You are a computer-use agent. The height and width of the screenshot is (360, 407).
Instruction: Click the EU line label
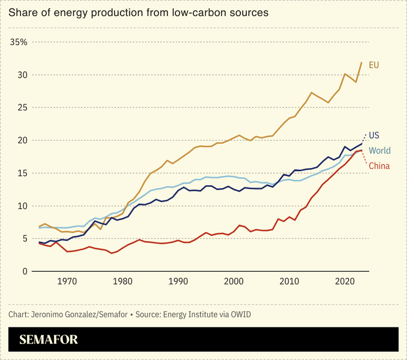pos(374,65)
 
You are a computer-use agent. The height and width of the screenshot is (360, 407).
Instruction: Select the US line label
pos(374,135)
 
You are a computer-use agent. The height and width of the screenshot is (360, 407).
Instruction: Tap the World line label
pos(379,151)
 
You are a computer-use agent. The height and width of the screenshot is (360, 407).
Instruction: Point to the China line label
pos(379,166)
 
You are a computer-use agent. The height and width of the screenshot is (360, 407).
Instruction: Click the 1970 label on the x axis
pos(67,281)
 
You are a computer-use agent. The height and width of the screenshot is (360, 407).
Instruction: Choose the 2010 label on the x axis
pos(289,281)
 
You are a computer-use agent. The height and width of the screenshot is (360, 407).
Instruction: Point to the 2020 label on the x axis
pos(345,281)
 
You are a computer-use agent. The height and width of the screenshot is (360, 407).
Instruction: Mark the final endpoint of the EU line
pos(362,62)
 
